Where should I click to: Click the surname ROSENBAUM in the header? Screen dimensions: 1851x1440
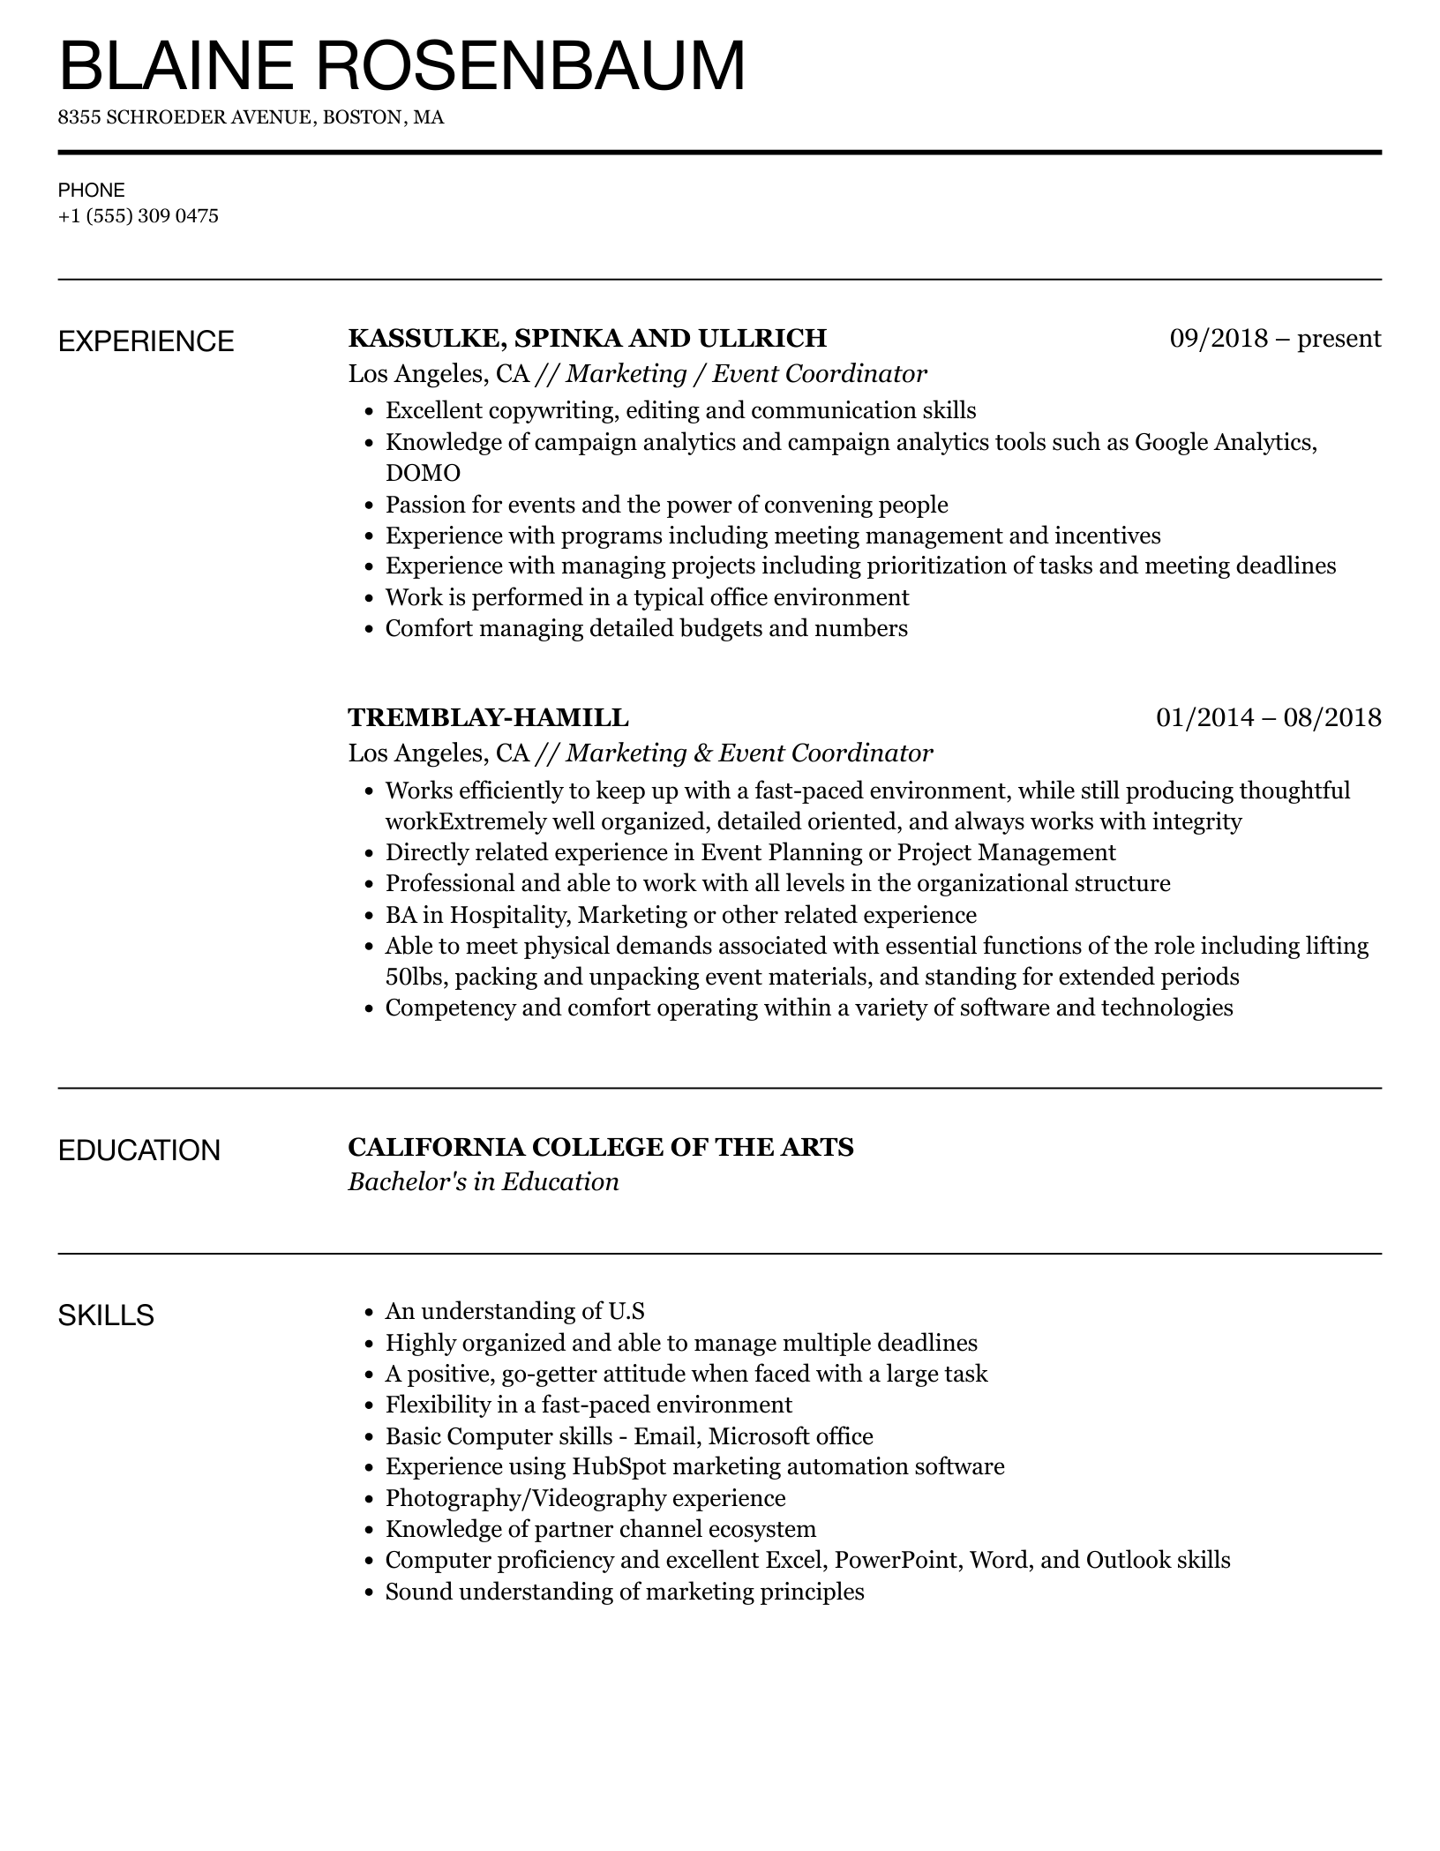[x=530, y=65]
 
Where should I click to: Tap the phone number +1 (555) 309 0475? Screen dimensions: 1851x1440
[x=139, y=216]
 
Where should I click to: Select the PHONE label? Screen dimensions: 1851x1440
[x=92, y=190]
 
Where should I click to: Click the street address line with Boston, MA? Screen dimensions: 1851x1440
[x=251, y=117]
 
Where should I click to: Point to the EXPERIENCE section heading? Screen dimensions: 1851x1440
[x=146, y=341]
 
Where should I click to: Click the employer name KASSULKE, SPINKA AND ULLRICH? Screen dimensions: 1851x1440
[x=587, y=338]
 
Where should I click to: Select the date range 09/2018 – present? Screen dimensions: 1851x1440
[x=1275, y=338]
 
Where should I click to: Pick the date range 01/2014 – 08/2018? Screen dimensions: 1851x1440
[x=1268, y=717]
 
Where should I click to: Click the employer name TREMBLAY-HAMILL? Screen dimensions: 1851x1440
[x=488, y=717]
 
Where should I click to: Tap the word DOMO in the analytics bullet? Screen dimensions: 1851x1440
[x=423, y=474]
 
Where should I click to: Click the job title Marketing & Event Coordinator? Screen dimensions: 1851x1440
[x=749, y=753]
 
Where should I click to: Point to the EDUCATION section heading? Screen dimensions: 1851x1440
[x=139, y=1150]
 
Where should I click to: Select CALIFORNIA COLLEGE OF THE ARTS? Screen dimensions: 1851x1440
[x=600, y=1147]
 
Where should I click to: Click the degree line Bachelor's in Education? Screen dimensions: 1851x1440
[x=484, y=1182]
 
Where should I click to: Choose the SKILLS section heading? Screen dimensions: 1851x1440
[x=106, y=1315]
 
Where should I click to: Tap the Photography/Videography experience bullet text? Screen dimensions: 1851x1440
[x=585, y=1498]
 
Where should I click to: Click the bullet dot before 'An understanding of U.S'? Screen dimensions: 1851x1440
[x=370, y=1313]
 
